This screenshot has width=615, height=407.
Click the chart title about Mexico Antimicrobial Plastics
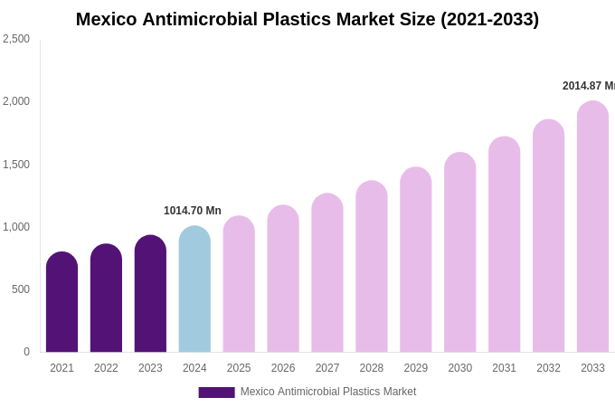coord(307,19)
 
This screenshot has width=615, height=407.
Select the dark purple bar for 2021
coord(61,303)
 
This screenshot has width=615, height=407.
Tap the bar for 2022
coord(106,298)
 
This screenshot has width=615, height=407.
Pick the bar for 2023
coord(150,294)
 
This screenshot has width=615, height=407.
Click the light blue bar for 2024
coord(194,289)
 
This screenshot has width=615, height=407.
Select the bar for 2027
coord(327,273)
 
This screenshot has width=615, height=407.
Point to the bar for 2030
coord(459,253)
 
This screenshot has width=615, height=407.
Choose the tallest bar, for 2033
coord(592,227)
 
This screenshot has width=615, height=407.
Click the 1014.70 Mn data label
coord(193,211)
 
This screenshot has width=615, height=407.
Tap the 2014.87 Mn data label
coord(588,86)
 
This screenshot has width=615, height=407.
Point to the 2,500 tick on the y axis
coord(16,39)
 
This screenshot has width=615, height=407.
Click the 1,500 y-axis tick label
coord(16,165)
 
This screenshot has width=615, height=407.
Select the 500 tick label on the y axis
coord(20,289)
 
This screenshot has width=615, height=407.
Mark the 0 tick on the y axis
coord(26,352)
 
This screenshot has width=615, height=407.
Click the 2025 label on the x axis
coord(239,368)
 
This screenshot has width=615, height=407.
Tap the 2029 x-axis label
coord(416,368)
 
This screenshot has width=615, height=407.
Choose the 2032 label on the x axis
coord(548,368)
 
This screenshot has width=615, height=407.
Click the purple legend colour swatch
coord(216,393)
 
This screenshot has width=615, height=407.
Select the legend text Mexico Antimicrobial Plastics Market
coord(328,392)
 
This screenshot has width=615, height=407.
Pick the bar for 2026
coord(283,279)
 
